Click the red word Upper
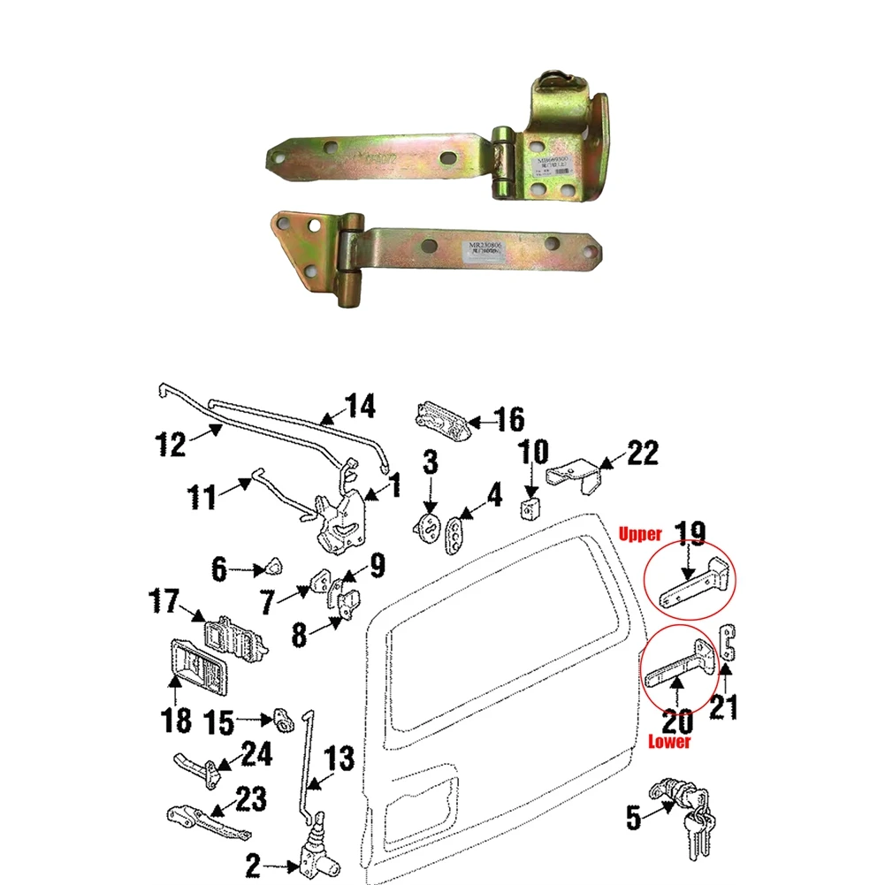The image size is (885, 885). pos(639,535)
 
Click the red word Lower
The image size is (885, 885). pos(669,743)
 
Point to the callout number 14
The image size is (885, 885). pos(359,407)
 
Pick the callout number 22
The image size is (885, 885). pos(643,454)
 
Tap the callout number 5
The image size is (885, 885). pos(633,818)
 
